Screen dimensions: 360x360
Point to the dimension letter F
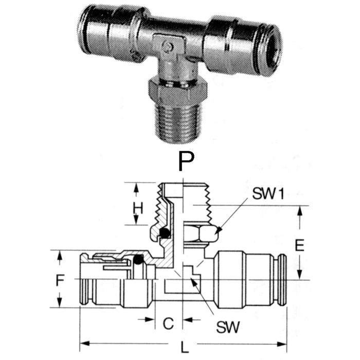tap(61, 280)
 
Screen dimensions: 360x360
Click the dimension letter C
tap(168, 323)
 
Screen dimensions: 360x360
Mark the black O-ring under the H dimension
tap(165, 233)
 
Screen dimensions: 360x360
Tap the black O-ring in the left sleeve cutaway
tap(138, 261)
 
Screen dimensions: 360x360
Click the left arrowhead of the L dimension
tap(82, 343)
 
